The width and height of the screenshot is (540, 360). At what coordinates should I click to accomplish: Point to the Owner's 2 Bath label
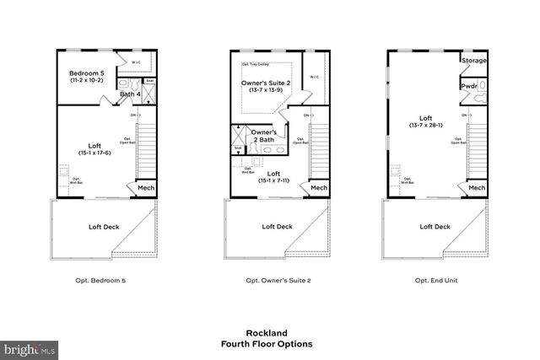263,136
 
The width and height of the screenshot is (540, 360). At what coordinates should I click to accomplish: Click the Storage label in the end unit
472,61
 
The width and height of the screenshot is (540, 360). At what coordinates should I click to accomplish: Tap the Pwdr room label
468,86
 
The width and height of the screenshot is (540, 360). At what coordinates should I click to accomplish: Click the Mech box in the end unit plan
476,188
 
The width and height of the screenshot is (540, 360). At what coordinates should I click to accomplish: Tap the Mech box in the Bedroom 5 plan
144,188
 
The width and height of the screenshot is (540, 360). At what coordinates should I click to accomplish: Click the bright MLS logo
29,347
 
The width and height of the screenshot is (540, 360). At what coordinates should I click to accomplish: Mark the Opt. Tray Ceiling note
256,64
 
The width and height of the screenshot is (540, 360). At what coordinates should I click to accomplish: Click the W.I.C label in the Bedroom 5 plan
136,62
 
